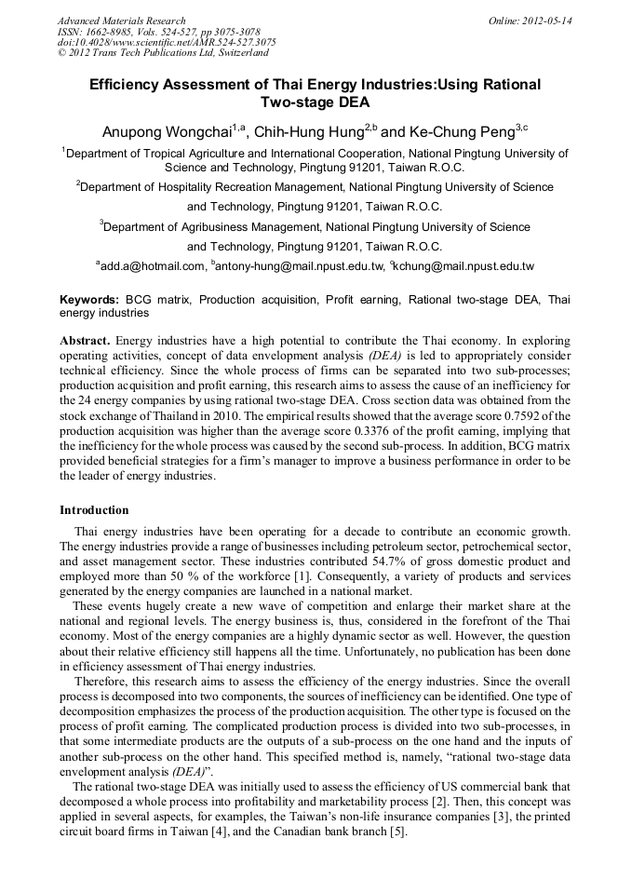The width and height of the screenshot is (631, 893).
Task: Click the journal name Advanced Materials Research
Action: [x=121, y=20]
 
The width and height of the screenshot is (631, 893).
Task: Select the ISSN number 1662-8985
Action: [x=114, y=32]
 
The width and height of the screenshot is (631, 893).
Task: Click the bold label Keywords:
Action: [x=89, y=300]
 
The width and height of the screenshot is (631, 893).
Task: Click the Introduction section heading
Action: [x=94, y=510]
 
